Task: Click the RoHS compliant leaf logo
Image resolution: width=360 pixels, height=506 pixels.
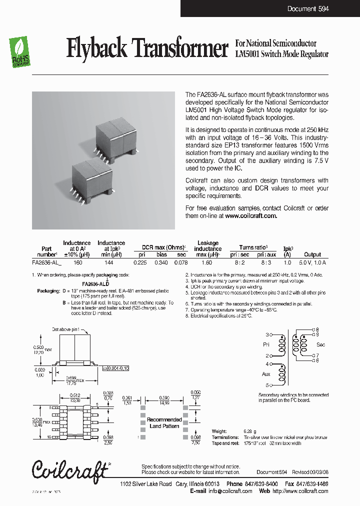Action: pos(20,53)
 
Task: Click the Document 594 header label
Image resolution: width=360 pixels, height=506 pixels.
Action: pos(308,9)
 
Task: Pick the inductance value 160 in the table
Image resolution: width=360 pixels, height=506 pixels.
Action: pos(77,262)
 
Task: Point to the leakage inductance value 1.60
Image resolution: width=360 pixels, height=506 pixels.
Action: pos(207,262)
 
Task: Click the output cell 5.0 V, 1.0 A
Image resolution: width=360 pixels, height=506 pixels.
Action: pos(312,262)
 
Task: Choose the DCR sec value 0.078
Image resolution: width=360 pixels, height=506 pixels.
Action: pos(181,262)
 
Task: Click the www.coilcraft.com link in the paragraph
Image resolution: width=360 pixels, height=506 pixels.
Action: pos(251,216)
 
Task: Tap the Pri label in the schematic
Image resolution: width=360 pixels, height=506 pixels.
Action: pos(266,345)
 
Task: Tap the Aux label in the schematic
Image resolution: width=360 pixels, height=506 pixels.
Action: pos(266,374)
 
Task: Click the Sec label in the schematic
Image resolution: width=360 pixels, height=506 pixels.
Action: pos(320,345)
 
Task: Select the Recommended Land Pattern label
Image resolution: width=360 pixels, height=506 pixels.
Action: pos(164,423)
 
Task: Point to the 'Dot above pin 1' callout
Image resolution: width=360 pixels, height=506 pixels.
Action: pos(68,329)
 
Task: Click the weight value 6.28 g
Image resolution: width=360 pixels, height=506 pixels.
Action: pos(249,431)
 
